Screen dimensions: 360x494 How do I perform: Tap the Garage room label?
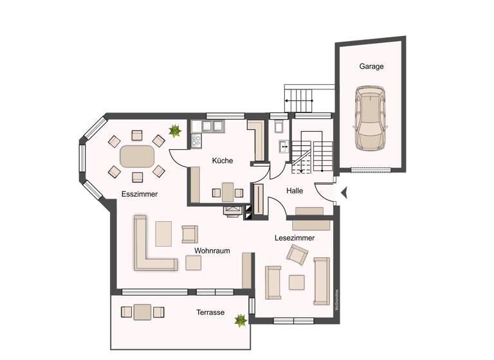click(371, 66)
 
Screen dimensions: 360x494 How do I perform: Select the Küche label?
click(223, 161)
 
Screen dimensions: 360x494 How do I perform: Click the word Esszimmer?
click(140, 194)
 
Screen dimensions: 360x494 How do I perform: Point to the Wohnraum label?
click(212, 251)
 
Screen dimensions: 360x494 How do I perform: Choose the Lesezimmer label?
click(295, 238)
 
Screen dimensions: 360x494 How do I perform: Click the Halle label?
click(295, 190)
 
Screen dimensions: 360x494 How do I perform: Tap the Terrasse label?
click(210, 312)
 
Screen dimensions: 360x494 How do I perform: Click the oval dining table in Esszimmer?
click(136, 156)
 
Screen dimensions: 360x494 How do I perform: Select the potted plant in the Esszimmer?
click(174, 131)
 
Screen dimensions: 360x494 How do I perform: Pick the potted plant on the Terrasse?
click(241, 319)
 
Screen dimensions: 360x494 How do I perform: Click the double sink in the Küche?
click(213, 125)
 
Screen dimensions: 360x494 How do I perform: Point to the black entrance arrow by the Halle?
click(343, 192)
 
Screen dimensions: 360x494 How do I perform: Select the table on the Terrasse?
click(142, 312)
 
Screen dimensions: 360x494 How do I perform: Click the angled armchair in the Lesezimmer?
click(298, 255)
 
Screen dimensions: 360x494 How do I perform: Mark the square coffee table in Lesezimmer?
click(297, 282)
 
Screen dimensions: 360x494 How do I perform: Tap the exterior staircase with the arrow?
click(299, 100)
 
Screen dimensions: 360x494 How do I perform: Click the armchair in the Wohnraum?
click(190, 233)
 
